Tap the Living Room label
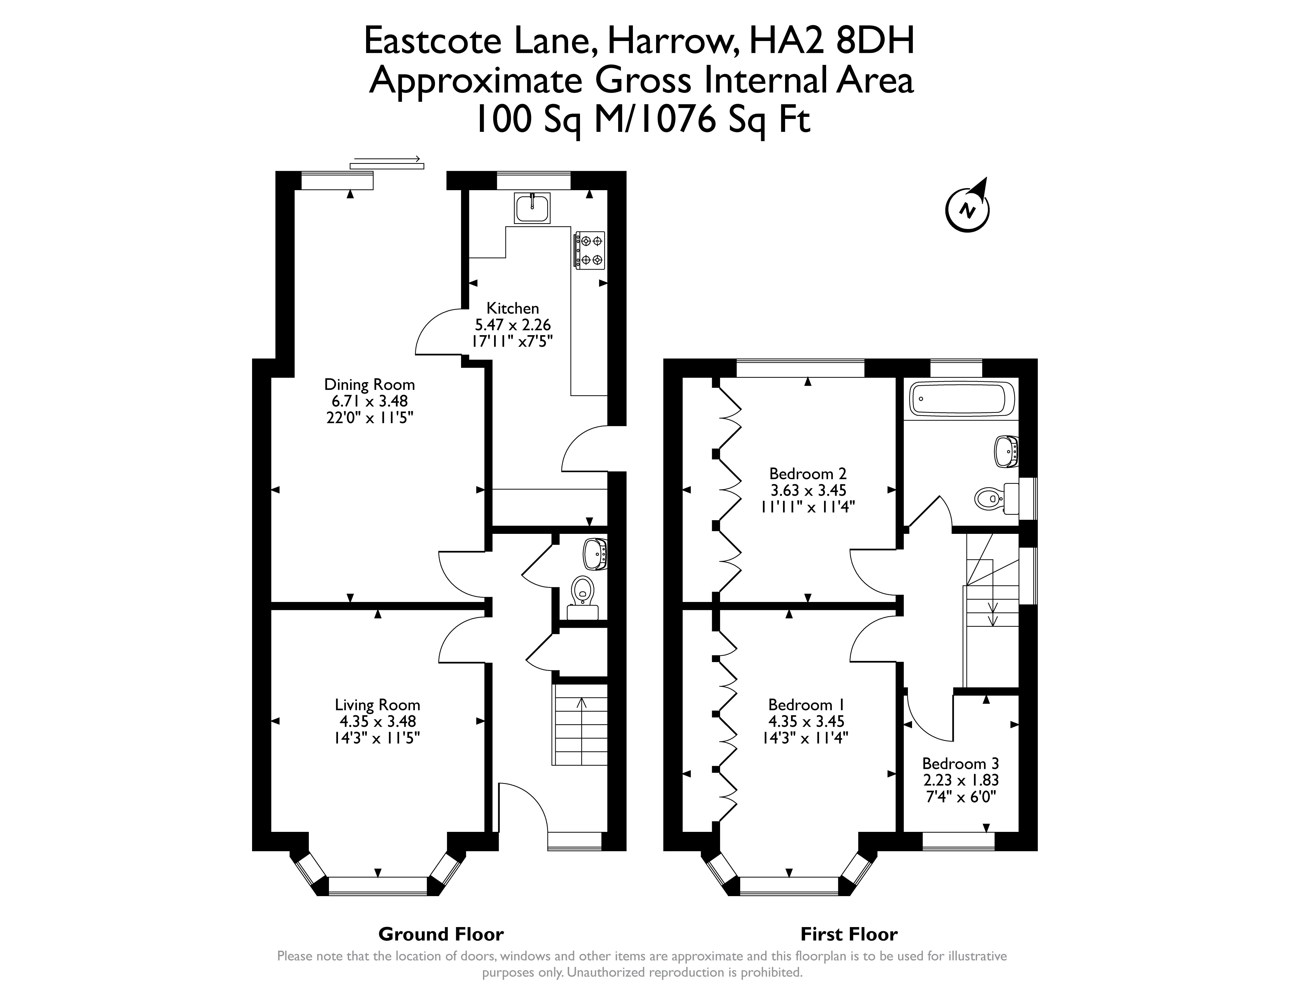pos(377,705)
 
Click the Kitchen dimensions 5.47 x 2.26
pos(513,324)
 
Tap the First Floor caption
pos(849,934)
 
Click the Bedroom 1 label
pos(806,705)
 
